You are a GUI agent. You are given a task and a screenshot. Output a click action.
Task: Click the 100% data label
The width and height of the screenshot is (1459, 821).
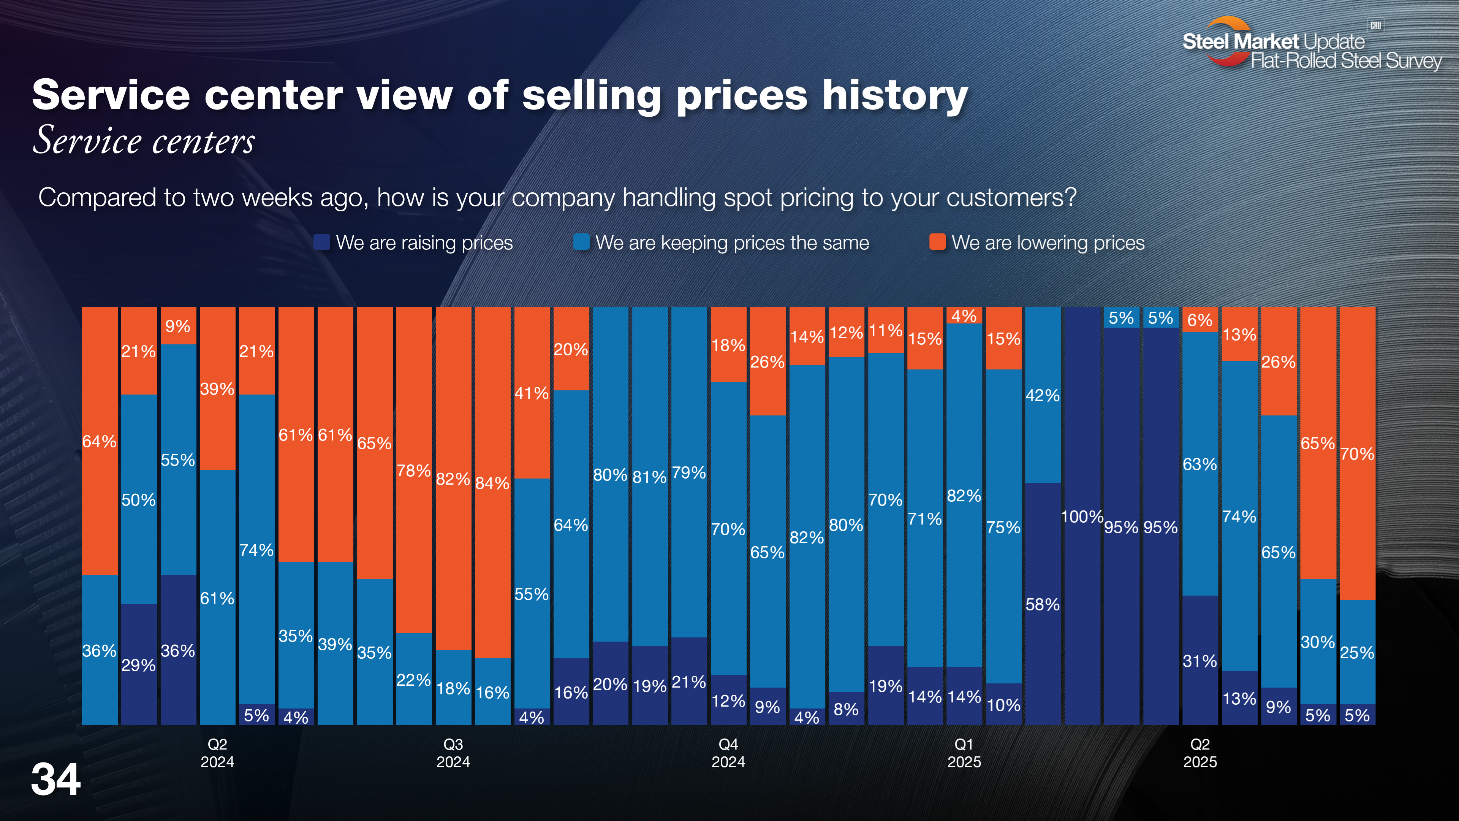pyautogui.click(x=1081, y=517)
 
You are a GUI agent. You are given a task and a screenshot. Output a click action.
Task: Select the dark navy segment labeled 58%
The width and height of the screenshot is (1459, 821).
pyautogui.click(x=1042, y=604)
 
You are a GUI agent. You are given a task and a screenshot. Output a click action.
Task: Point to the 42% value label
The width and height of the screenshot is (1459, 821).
pyautogui.click(x=1042, y=395)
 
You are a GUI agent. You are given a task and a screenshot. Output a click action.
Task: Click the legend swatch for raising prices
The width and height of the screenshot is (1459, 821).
pyautogui.click(x=322, y=242)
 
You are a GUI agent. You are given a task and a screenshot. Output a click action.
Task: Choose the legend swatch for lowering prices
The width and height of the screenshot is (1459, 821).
pyautogui.click(x=937, y=242)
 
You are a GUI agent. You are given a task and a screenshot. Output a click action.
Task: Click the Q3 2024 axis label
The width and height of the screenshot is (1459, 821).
pyautogui.click(x=453, y=753)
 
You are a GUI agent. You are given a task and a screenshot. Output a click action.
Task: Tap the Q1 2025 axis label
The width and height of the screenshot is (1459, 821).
pyautogui.click(x=964, y=753)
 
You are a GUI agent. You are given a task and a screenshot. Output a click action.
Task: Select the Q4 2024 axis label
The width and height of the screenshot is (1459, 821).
pyautogui.click(x=728, y=753)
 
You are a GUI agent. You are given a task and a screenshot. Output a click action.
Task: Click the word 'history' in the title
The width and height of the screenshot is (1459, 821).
pyautogui.click(x=895, y=95)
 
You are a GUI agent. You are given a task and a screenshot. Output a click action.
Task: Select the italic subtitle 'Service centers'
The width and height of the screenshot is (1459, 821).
pyautogui.click(x=144, y=141)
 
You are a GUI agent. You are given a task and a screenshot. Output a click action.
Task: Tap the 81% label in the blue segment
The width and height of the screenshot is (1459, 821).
pyautogui.click(x=649, y=477)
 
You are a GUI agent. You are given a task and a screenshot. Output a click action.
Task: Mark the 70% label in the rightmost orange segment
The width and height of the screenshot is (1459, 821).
pyautogui.click(x=1357, y=454)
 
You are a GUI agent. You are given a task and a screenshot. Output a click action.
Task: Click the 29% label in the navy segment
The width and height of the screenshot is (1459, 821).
pyautogui.click(x=138, y=665)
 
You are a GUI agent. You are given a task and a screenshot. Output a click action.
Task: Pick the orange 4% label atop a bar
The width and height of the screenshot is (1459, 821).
pyautogui.click(x=964, y=315)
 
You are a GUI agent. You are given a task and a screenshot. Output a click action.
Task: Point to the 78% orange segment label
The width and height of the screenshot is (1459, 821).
pyautogui.click(x=413, y=471)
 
